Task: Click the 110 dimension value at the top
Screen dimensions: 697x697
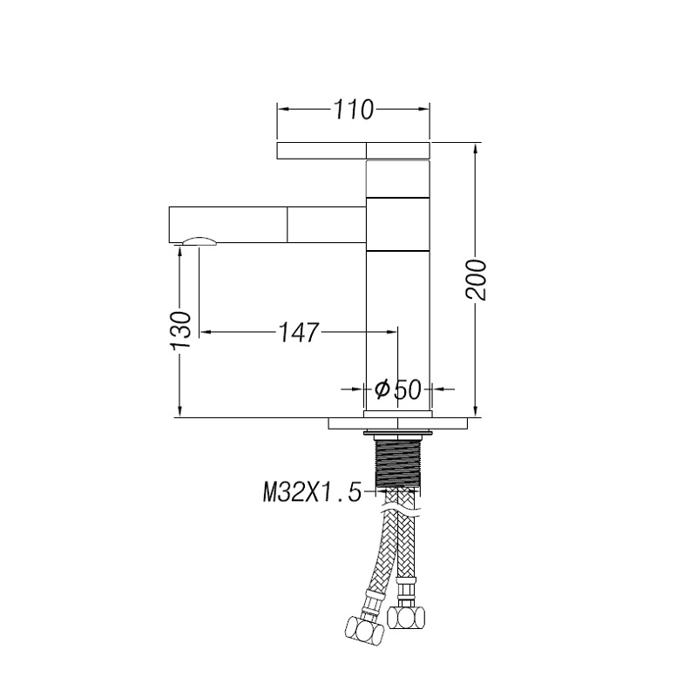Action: pos(354,110)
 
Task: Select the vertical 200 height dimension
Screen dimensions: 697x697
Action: pos(476,280)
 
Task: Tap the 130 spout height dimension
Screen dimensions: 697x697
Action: pos(180,330)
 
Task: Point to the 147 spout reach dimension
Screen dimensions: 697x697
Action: pos(299,332)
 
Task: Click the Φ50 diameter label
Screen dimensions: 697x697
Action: pos(397,389)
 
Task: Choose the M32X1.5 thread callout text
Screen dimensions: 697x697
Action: pos(312,492)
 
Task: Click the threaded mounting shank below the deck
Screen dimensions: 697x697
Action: pos(398,463)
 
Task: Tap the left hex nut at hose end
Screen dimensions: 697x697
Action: pos(364,629)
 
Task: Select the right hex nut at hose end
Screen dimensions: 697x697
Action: pos(406,617)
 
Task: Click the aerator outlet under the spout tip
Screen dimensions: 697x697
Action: pos(200,241)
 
